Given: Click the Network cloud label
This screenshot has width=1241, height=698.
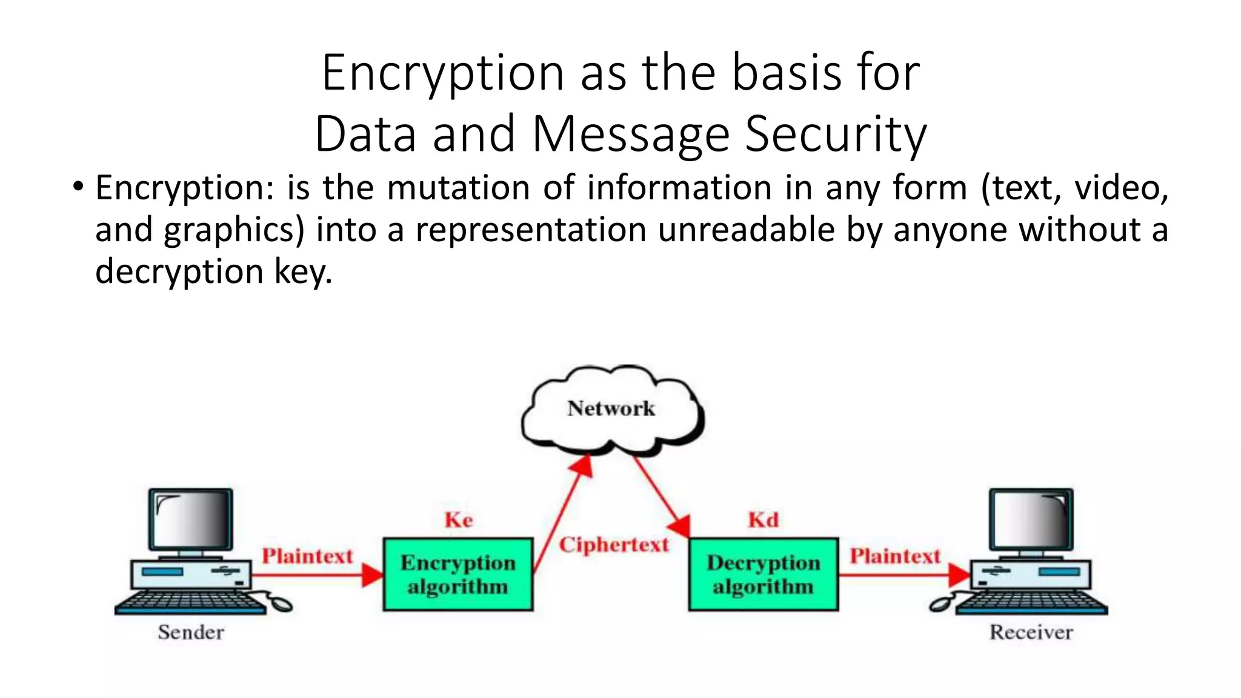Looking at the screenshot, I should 611,408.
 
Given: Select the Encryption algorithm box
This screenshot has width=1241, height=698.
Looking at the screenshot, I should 458,574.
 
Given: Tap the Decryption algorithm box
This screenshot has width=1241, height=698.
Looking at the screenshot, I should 764,574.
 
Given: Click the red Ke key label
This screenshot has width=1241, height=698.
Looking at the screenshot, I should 458,520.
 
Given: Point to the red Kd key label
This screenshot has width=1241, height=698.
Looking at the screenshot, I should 763,520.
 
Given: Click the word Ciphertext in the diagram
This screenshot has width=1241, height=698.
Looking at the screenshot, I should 613,545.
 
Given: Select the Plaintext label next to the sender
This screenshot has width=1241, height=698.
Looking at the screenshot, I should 307,556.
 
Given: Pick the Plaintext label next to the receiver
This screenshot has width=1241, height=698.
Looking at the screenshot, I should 894,556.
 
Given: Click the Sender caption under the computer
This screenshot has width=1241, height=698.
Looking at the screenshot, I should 191,632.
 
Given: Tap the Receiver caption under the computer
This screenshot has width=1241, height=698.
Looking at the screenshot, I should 1031,632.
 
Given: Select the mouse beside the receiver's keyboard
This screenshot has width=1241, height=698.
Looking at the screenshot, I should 940,604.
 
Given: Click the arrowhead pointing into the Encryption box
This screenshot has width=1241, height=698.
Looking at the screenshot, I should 372,574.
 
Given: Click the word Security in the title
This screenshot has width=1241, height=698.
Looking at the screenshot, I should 836,134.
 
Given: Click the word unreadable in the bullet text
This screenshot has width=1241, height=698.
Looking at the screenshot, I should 746,230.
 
